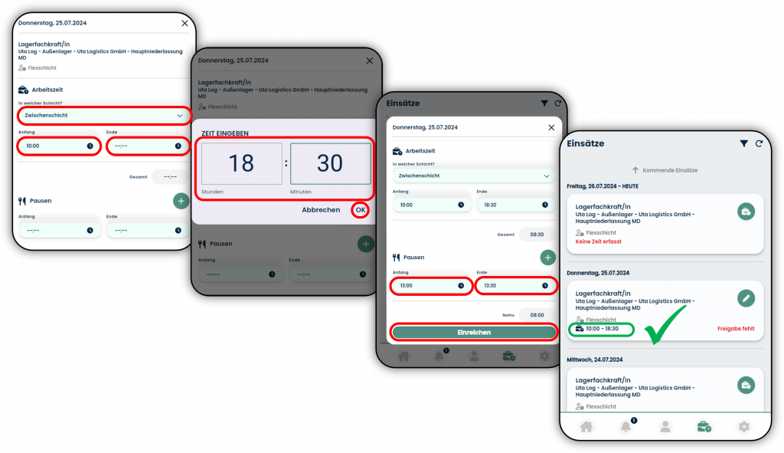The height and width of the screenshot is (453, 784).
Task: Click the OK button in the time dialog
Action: tap(360, 210)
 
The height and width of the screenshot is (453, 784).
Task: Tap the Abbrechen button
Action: tap(321, 210)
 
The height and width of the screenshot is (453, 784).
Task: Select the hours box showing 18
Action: tap(241, 164)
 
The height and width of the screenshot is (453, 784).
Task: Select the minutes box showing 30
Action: tap(330, 164)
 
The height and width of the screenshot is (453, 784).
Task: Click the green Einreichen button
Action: tap(473, 333)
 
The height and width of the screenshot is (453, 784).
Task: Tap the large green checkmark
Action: tap(665, 324)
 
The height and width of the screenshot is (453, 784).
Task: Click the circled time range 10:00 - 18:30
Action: tap(602, 329)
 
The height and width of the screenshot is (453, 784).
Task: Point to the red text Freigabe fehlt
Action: tap(736, 329)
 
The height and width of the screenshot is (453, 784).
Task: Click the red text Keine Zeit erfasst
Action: tap(598, 241)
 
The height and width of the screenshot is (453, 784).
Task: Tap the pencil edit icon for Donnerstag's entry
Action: tap(746, 298)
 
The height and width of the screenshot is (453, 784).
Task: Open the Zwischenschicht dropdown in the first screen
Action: tap(104, 116)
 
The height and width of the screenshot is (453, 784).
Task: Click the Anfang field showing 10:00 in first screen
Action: tap(59, 146)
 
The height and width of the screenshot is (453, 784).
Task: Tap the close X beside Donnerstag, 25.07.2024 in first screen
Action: tap(185, 23)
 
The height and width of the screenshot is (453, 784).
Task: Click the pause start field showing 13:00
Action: tap(431, 286)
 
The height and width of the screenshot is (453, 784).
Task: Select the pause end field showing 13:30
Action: tap(515, 286)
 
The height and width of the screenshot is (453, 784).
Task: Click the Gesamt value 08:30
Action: tap(537, 235)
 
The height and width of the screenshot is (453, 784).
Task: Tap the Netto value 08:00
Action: tap(537, 315)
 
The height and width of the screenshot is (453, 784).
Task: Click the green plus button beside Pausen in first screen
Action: tap(181, 201)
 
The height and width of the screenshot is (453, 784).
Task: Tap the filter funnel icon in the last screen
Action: tap(744, 143)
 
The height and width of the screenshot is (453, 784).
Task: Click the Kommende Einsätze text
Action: tap(670, 170)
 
